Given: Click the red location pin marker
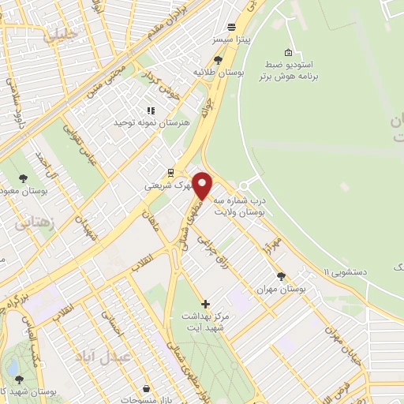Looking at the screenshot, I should click(203, 185).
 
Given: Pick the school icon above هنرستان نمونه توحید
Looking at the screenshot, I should click(149, 110).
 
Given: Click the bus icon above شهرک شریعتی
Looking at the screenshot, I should click(169, 173).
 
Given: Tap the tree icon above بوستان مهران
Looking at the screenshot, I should click(281, 276).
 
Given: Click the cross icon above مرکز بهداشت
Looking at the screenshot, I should click(205, 304).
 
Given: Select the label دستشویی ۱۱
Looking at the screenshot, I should click(337, 271).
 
